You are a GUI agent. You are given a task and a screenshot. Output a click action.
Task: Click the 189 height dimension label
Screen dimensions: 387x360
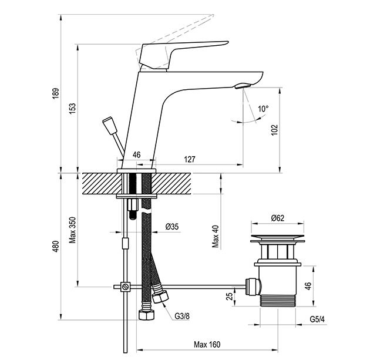56,93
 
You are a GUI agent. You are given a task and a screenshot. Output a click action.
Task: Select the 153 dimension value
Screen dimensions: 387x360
73,109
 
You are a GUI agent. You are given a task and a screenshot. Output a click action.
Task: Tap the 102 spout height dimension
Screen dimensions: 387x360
274,130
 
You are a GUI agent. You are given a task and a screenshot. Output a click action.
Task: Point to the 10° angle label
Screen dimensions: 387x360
263,109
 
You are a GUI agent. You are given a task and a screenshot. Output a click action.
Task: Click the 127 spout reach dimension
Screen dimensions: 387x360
190,159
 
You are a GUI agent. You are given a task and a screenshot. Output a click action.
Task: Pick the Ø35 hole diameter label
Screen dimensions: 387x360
172,227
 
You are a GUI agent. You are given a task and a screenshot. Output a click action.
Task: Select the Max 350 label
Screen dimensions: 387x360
73,230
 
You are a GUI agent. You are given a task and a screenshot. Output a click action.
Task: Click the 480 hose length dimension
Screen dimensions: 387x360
56,246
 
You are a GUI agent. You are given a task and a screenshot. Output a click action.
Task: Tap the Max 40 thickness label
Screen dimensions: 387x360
216,237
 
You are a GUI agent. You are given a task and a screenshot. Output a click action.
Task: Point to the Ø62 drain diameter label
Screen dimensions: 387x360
277,218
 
